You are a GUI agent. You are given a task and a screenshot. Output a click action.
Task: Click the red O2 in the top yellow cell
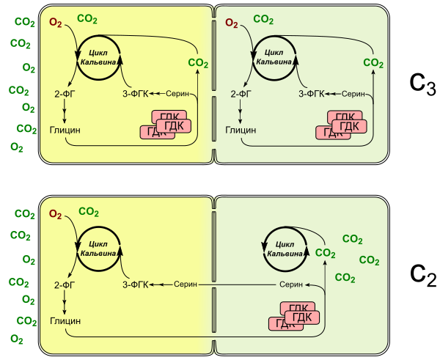click(56, 23)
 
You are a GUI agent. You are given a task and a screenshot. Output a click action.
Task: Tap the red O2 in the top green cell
click(232, 23)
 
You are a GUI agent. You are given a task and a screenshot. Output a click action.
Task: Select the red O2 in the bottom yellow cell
click(56, 214)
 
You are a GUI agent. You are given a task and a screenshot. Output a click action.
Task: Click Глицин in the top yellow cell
click(65, 130)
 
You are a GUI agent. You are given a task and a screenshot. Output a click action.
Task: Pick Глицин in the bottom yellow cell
click(65, 320)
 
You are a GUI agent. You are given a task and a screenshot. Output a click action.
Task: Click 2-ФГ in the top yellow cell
click(65, 94)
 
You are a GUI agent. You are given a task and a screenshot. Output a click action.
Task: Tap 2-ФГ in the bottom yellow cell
click(65, 284)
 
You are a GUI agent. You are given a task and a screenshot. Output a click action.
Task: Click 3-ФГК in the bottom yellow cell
click(136, 284)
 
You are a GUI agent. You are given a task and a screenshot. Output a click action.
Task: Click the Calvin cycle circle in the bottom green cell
click(285, 248)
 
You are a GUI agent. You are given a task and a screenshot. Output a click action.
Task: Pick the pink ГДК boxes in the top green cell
click(341, 125)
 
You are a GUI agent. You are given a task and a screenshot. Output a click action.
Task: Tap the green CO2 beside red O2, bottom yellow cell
click(89, 212)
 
